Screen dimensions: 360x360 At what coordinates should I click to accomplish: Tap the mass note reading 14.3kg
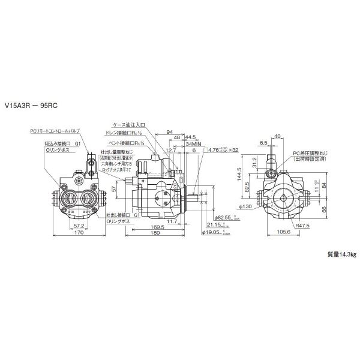341,254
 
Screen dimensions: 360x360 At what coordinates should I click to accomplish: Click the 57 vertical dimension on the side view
113,189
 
